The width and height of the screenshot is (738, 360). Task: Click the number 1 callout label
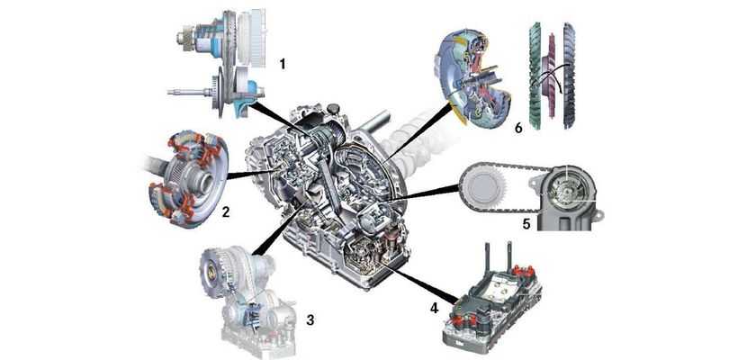click(283, 64)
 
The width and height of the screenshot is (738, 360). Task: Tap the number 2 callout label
click(226, 213)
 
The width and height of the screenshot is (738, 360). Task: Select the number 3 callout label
click(310, 319)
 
